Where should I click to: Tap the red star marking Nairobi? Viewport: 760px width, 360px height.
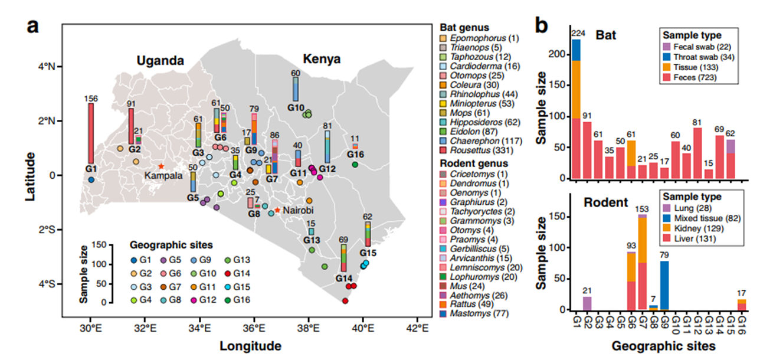[277, 210]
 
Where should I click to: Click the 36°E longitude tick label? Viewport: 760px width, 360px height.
[254, 328]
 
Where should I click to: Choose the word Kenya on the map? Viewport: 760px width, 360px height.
[322, 59]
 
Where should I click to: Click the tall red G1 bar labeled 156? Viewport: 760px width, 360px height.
[91, 133]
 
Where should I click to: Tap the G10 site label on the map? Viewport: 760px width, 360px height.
[296, 108]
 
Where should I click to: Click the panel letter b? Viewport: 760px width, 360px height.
[542, 25]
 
